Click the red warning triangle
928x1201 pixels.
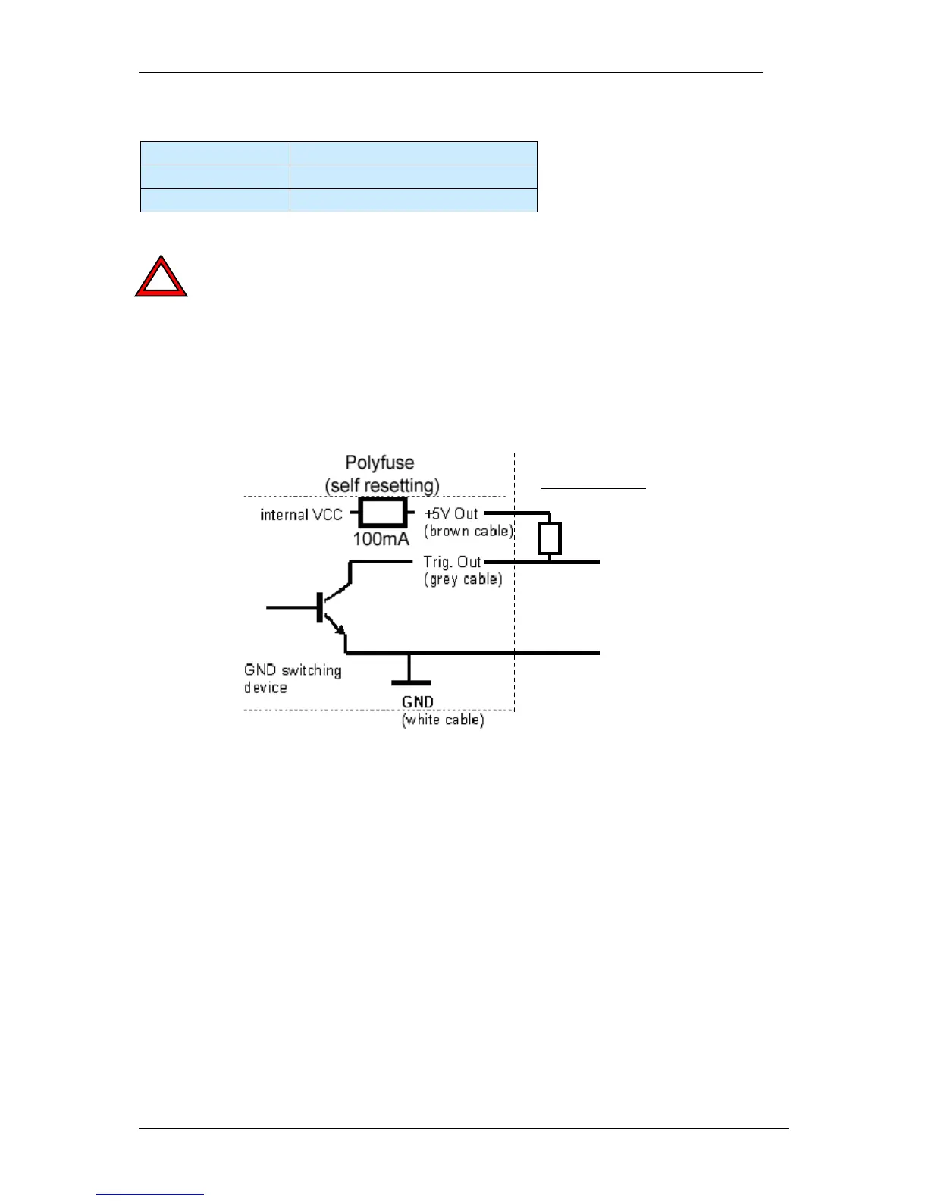(x=161, y=278)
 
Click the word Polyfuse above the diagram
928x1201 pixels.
(x=380, y=463)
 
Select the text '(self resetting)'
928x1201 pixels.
(x=382, y=484)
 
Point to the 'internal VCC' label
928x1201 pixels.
(x=301, y=515)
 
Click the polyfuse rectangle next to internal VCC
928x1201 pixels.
(x=382, y=513)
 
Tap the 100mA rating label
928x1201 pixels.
(x=381, y=539)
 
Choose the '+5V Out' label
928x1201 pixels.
(x=451, y=513)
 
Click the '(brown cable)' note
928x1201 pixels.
(x=469, y=531)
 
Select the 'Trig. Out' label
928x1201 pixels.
(x=452, y=562)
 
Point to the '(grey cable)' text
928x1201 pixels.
(x=462, y=579)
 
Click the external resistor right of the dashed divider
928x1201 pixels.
(x=549, y=538)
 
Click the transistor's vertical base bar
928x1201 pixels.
(x=320, y=607)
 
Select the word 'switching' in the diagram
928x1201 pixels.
(x=312, y=670)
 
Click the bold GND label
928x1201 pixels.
(x=418, y=703)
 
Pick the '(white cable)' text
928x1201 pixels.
(x=443, y=720)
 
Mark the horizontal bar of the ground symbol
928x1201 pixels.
(x=411, y=683)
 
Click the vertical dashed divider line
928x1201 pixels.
(x=514, y=607)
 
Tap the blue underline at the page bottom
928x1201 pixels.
(x=150, y=1194)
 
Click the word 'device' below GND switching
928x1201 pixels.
(x=265, y=688)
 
